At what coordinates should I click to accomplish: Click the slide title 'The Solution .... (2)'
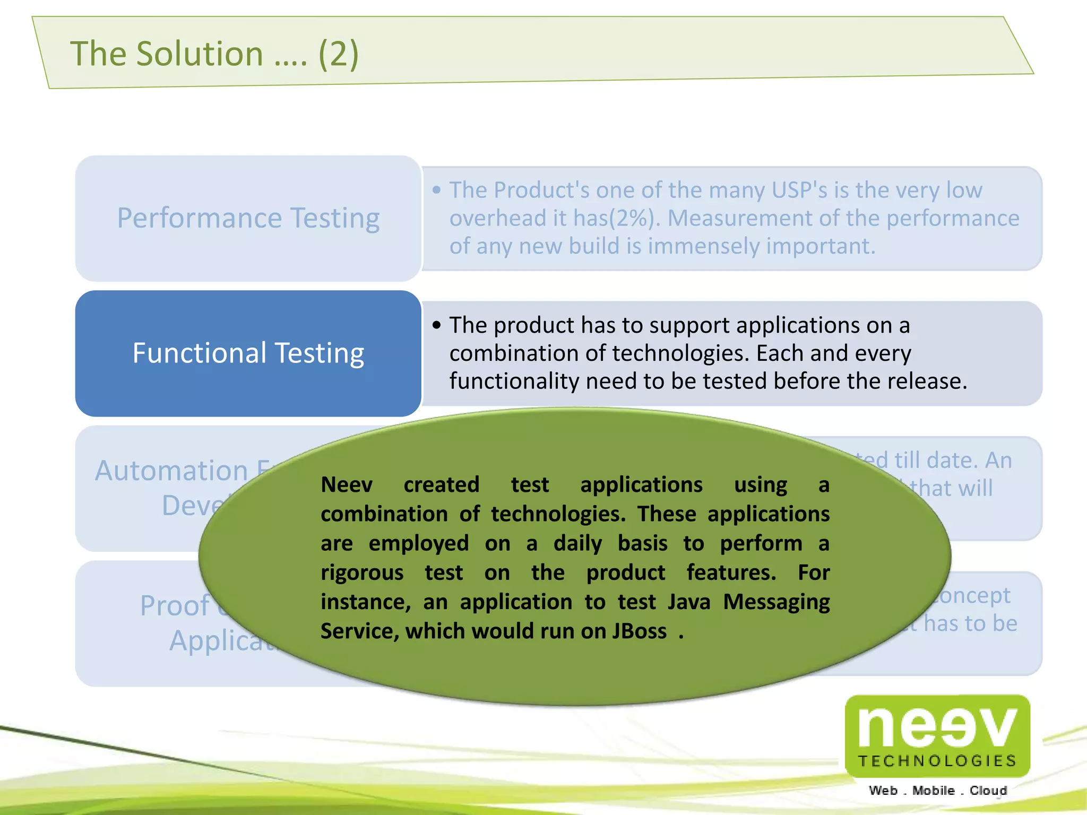(x=214, y=54)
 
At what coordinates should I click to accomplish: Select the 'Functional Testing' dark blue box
(x=248, y=353)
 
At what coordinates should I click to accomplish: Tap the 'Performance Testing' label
(x=248, y=218)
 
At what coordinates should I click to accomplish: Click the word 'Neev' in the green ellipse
(x=347, y=485)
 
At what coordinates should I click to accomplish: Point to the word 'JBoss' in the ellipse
(x=639, y=631)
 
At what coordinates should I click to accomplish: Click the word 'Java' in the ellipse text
(x=688, y=602)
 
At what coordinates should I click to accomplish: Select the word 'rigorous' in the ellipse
(x=362, y=573)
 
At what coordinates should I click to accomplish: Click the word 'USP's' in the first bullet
(x=799, y=190)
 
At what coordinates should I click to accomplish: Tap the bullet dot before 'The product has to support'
(x=436, y=325)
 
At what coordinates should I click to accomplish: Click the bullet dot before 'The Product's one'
(x=436, y=190)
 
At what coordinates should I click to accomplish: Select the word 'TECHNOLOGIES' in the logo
(x=937, y=761)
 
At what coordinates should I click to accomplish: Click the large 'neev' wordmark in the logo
(x=937, y=727)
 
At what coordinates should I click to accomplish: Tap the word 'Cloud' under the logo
(x=988, y=791)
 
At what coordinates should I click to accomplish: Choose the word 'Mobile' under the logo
(x=933, y=791)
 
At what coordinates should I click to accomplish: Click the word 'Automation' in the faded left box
(x=171, y=471)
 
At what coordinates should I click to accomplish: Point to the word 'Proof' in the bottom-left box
(x=175, y=606)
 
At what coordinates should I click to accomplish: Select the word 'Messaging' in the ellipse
(x=776, y=602)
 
